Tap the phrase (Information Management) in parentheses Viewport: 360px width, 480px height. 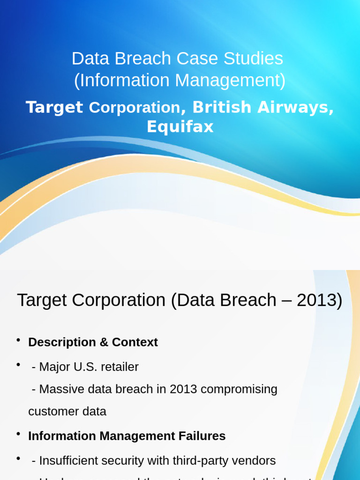(x=180, y=81)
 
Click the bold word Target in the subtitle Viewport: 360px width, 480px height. (x=54, y=107)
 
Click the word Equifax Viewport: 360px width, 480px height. (x=180, y=127)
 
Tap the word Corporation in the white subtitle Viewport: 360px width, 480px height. (x=135, y=107)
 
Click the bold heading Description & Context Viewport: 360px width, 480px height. (x=93, y=342)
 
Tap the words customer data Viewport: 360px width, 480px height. (x=67, y=412)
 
